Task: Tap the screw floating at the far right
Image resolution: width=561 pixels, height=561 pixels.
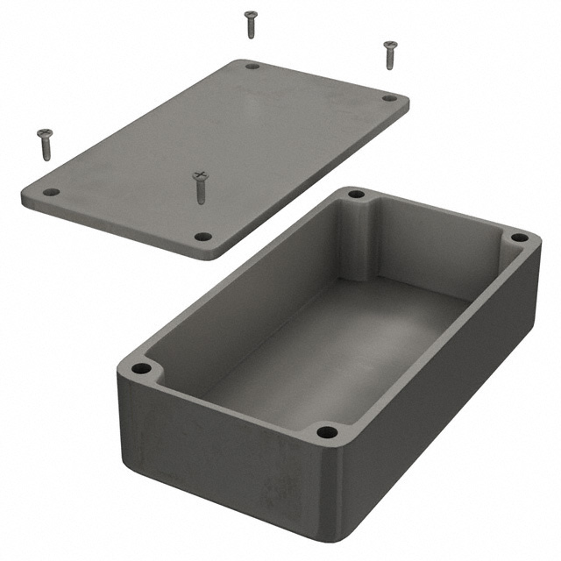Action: [390, 53]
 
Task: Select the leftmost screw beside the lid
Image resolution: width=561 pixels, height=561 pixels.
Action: [45, 143]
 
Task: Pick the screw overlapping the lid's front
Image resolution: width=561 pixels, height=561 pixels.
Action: [201, 187]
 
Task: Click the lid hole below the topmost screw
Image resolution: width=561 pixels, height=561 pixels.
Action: [252, 66]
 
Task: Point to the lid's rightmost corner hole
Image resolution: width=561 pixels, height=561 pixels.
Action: [388, 98]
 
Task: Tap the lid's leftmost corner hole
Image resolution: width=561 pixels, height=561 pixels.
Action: [51, 191]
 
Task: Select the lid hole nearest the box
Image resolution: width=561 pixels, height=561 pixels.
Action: [202, 236]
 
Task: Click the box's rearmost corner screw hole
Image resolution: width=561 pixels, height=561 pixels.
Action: [355, 194]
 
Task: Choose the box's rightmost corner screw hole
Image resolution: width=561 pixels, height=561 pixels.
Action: [519, 238]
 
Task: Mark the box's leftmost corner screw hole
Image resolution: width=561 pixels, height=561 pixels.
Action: [140, 369]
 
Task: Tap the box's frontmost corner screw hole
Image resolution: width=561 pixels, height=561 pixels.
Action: [326, 431]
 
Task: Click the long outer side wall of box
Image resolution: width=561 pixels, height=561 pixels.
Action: [219, 456]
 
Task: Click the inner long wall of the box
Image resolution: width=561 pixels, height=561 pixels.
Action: [254, 289]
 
